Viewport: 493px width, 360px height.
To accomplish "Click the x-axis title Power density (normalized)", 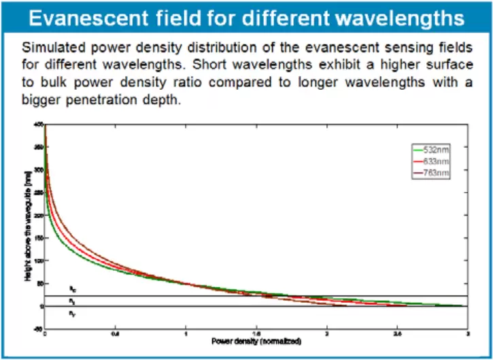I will coord(256,339).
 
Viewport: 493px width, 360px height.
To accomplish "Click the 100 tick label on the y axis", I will coord(39,261).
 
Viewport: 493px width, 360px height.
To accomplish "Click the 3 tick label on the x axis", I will coord(467,333).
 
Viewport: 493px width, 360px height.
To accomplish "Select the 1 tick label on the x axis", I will coord(185,333).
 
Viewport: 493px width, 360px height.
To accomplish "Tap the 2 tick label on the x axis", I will coord(326,333).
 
